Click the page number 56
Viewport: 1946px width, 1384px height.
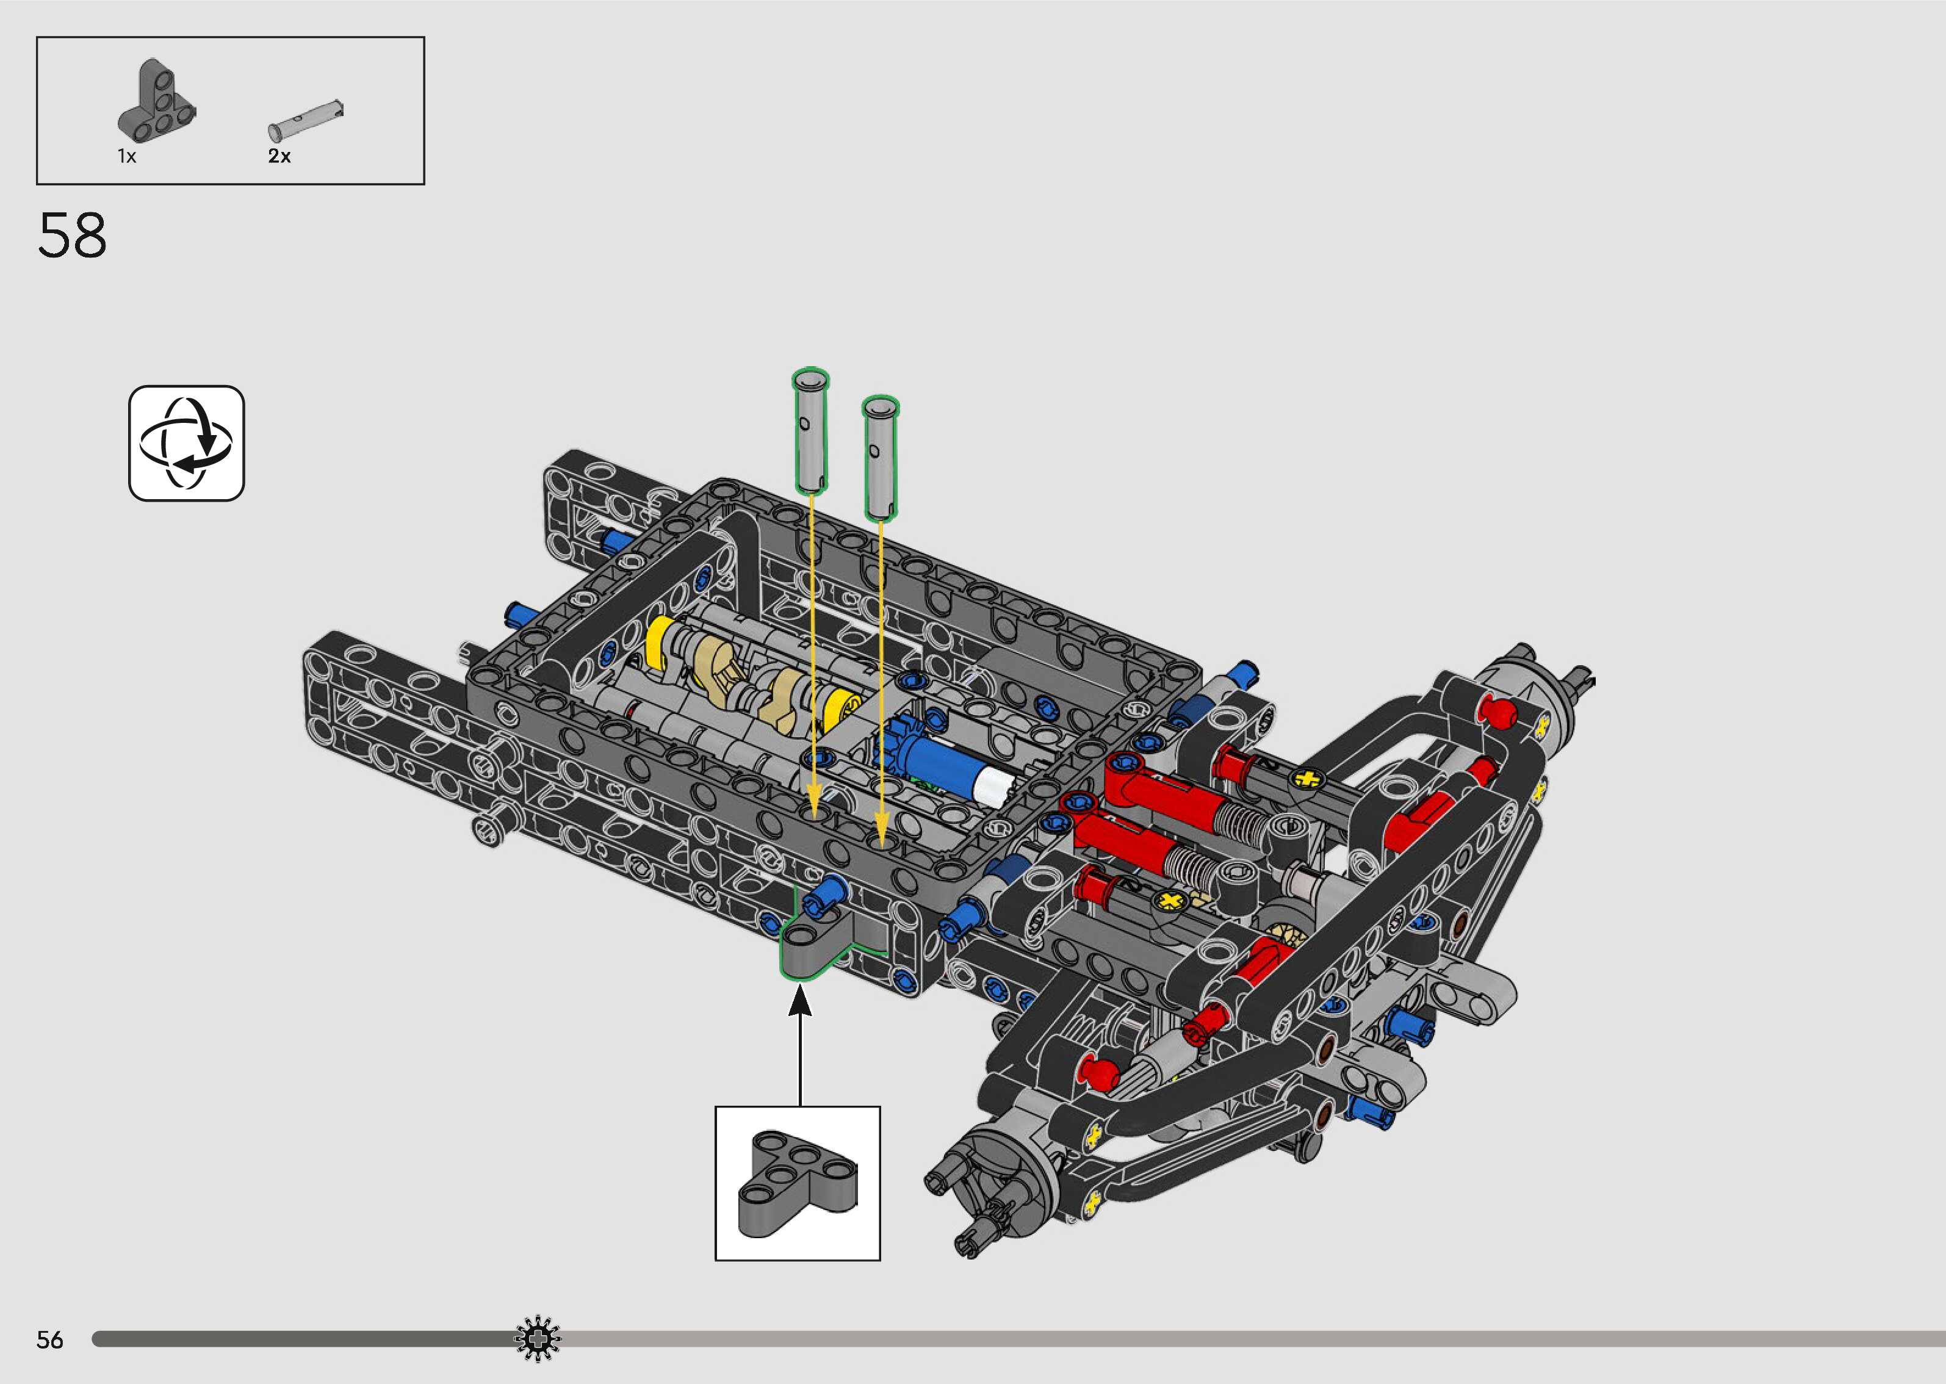[50, 1339]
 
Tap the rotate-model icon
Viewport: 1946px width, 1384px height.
[187, 443]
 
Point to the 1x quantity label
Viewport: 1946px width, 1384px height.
[127, 157]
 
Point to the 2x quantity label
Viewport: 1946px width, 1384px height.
[279, 156]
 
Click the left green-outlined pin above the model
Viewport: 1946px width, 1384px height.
[810, 431]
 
